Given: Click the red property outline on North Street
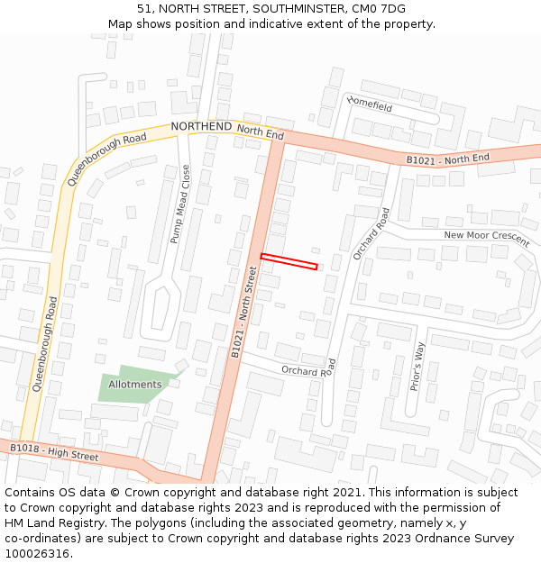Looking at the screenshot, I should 289,262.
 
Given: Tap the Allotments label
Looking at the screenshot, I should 135,385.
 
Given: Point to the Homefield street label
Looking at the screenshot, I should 370,104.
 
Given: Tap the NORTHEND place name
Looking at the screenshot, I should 201,127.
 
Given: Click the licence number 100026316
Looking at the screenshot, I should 37,554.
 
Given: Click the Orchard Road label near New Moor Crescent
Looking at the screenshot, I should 371,234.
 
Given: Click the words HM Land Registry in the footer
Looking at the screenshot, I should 49,523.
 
